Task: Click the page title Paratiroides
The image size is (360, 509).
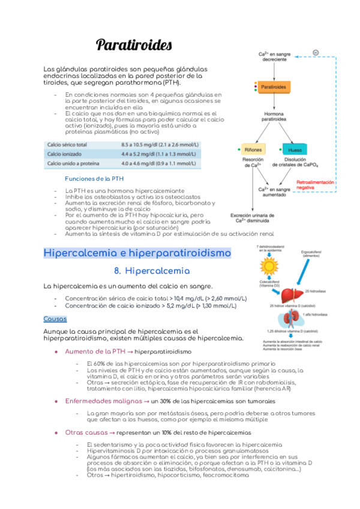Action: (x=134, y=45)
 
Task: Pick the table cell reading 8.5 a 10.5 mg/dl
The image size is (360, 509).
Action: (x=160, y=145)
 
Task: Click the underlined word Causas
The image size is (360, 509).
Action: (x=55, y=319)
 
